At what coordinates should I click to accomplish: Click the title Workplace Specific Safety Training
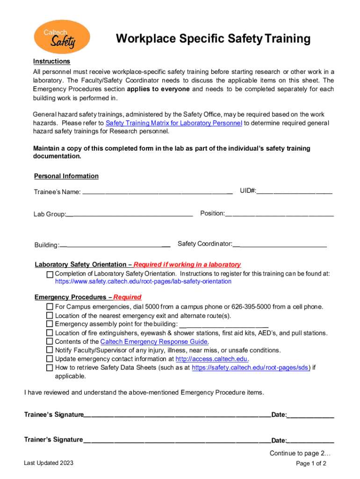click(x=213, y=39)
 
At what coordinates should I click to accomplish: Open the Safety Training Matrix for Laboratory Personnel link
click(x=174, y=123)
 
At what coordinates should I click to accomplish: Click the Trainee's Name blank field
click(x=157, y=191)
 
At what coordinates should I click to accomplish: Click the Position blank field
click(x=279, y=214)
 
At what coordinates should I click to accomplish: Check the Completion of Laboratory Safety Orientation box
click(x=50, y=274)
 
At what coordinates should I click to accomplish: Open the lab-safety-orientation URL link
click(x=143, y=282)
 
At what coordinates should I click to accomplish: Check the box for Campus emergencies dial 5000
click(x=50, y=307)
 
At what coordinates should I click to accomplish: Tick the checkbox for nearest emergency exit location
click(x=50, y=316)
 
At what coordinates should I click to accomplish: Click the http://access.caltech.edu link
click(x=211, y=359)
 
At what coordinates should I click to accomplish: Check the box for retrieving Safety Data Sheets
click(x=50, y=368)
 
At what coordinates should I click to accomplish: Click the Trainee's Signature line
click(x=177, y=415)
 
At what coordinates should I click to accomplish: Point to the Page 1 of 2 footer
click(x=311, y=464)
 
